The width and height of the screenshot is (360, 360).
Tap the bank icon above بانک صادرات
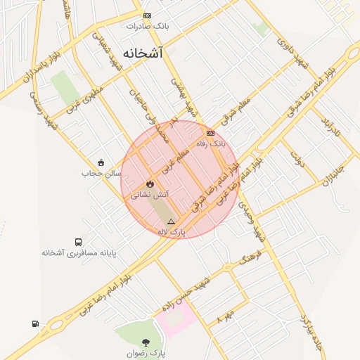point(146,15)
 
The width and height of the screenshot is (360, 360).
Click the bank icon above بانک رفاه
point(210,133)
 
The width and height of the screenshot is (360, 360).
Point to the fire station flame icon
point(149,184)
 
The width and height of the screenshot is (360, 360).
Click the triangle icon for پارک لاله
point(171,221)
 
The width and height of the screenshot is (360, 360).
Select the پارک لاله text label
point(171,231)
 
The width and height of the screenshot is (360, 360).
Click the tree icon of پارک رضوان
point(146,342)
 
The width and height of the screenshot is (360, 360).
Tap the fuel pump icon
point(35,323)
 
